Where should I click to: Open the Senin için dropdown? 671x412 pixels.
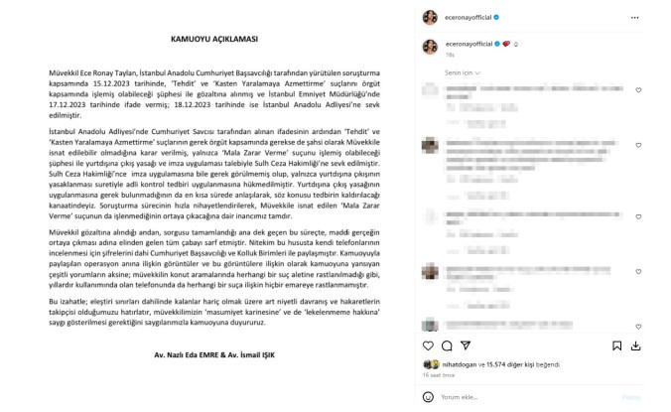tap(460, 72)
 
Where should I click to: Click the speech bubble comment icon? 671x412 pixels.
tap(447, 346)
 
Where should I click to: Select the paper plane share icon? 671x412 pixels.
tap(464, 346)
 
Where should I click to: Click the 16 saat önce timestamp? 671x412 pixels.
tap(438, 376)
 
